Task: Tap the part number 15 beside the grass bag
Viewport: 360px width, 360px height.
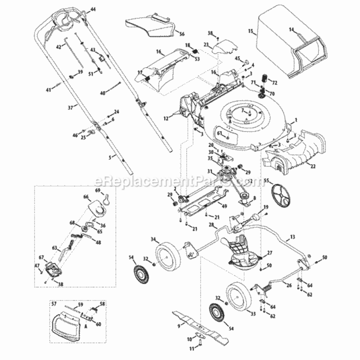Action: (250, 31)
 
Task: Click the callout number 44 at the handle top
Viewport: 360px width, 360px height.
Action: (93, 10)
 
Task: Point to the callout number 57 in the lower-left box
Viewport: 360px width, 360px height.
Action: (54, 304)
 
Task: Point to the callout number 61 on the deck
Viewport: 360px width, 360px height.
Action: (219, 133)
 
